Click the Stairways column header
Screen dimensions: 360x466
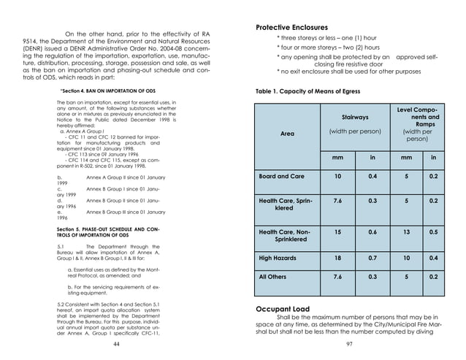355,117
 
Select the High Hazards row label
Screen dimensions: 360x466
281,258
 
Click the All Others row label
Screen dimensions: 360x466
276,277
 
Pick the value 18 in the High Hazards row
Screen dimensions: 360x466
337,258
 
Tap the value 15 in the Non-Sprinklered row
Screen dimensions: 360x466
337,232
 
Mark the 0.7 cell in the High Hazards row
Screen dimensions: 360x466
373,258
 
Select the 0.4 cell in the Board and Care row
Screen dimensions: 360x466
373,177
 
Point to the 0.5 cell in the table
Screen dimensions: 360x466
433,232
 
